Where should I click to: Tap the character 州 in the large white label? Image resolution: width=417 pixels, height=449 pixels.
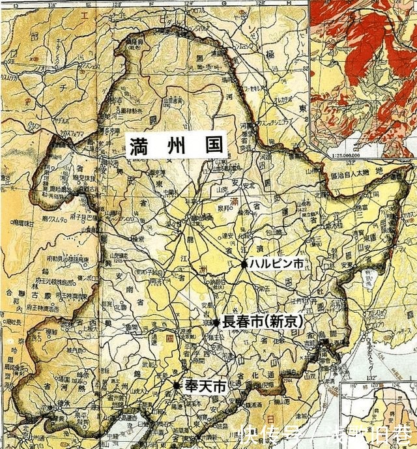175,144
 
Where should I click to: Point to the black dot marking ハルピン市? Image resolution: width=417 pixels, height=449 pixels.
244,264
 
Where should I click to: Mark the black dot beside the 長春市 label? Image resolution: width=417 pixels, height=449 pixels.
216,321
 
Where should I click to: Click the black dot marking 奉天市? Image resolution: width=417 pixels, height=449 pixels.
177,386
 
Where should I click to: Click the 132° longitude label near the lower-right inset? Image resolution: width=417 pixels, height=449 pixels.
372,377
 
